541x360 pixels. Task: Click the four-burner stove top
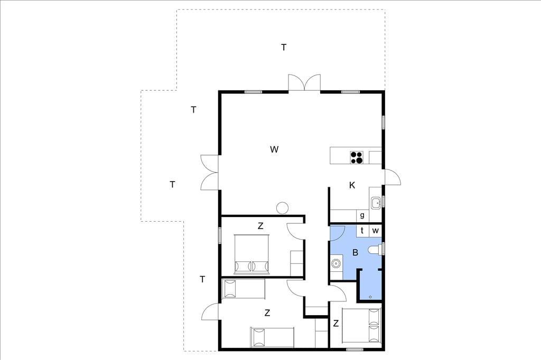(357, 157)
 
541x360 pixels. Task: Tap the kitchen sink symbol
(376, 203)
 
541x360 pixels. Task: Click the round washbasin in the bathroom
(335, 264)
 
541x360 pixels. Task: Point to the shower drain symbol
(370, 297)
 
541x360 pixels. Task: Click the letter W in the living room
(274, 149)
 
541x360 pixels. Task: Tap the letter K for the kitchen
(352, 185)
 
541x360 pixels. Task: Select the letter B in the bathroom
(356, 252)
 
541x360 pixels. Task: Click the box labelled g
(362, 215)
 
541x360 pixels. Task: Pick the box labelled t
(362, 230)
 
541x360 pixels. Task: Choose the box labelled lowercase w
(376, 230)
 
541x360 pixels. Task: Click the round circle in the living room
(282, 208)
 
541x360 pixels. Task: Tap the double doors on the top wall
(304, 83)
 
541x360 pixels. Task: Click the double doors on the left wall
(209, 172)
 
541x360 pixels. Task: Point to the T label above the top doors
(284, 47)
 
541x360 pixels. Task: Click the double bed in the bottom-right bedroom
(361, 326)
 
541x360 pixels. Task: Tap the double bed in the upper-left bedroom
(251, 254)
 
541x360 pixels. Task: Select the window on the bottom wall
(355, 349)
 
